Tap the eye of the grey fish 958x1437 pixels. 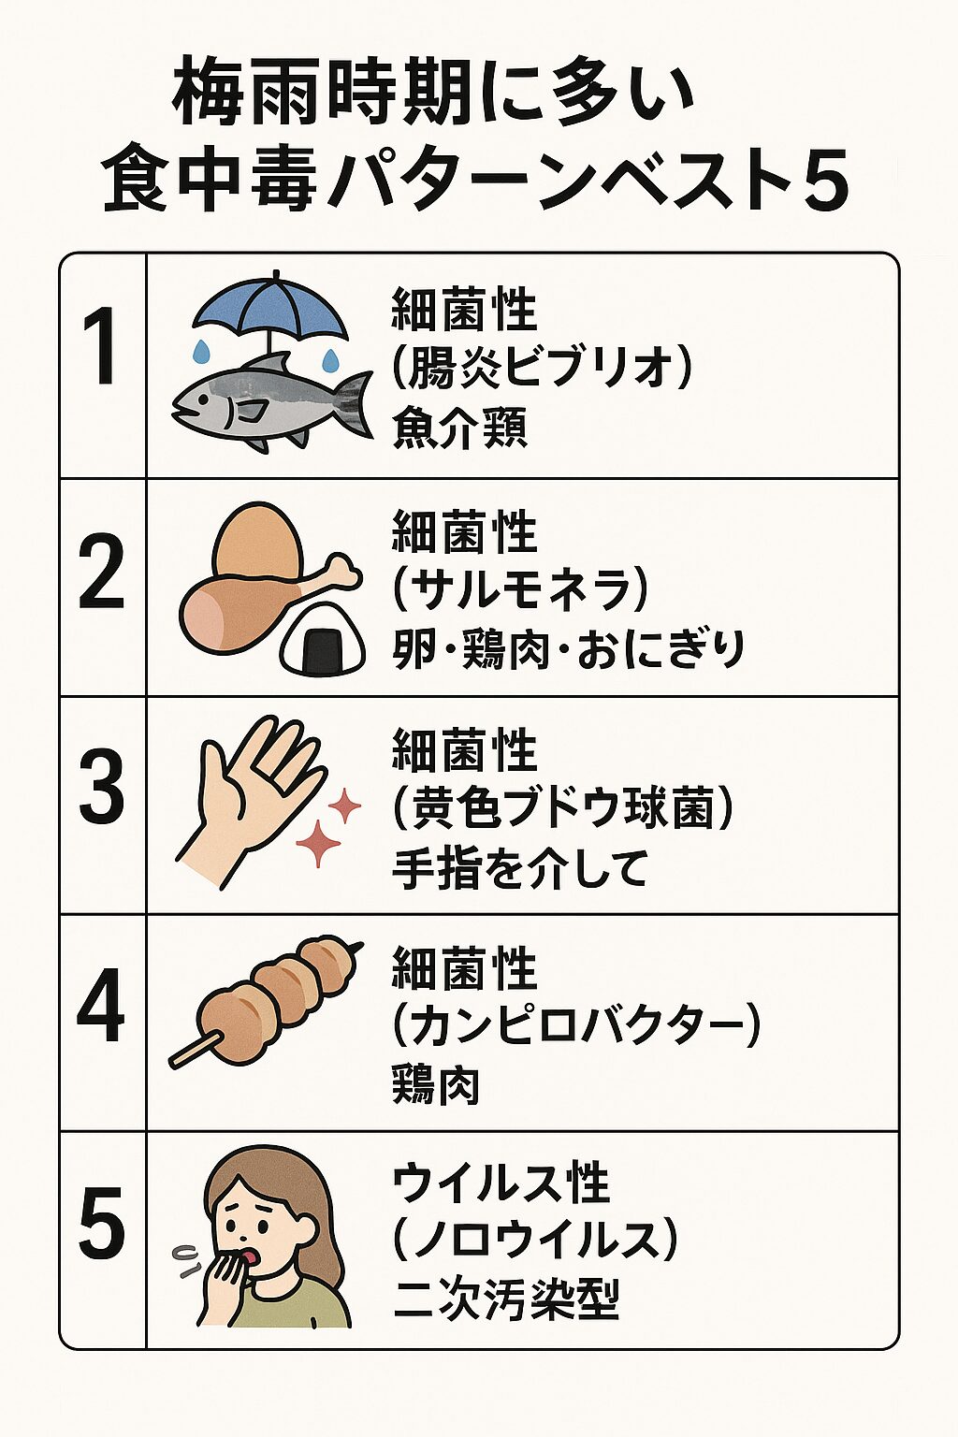pos(203,399)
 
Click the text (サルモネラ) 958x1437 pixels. pos(517,590)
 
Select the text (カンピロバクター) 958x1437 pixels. pos(575,1026)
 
